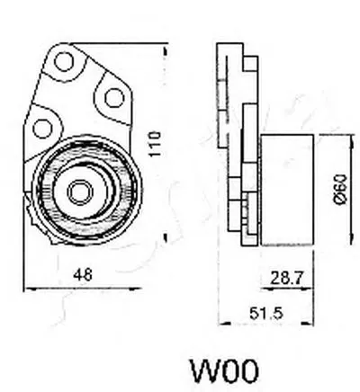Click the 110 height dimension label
click(156, 143)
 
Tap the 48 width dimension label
click(83, 274)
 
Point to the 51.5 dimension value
click(266, 314)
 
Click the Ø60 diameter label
click(341, 189)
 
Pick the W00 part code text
click(224, 370)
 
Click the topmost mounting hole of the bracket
click(64, 61)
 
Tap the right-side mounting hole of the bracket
click(114, 97)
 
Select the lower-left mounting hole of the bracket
click(42, 128)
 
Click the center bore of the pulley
click(80, 192)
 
